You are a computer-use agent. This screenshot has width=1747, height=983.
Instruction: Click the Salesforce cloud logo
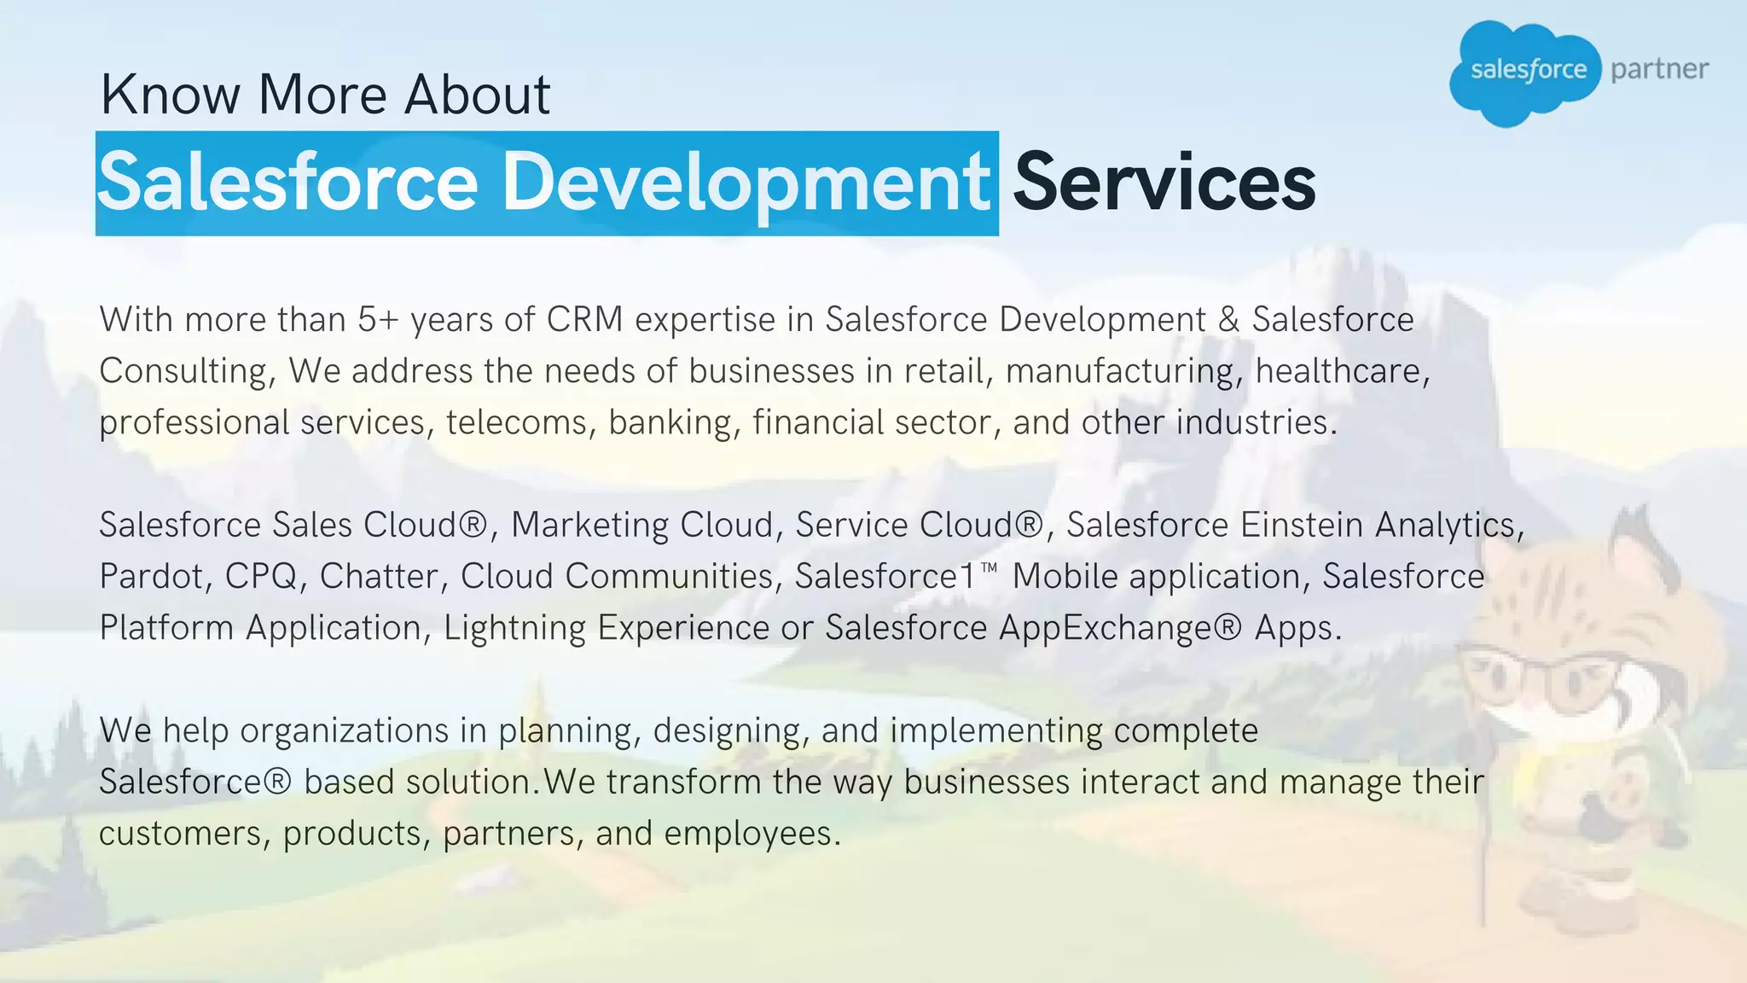(x=1527, y=72)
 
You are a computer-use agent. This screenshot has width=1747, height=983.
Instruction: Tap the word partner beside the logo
(x=1659, y=69)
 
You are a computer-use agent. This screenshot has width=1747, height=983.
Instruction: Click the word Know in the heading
(x=171, y=94)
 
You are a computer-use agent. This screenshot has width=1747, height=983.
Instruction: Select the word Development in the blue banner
(x=745, y=182)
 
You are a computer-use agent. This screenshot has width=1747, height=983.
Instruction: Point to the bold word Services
(x=1164, y=182)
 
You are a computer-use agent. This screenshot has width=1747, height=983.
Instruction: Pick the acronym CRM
(x=584, y=320)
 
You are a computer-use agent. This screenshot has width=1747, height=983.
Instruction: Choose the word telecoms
(x=517, y=422)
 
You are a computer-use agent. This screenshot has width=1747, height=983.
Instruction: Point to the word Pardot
(x=152, y=577)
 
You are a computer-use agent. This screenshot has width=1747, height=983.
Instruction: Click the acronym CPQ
(x=261, y=577)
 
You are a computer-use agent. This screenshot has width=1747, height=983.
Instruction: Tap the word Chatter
(x=380, y=577)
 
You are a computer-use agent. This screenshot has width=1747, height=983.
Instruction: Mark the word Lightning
(x=514, y=628)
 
